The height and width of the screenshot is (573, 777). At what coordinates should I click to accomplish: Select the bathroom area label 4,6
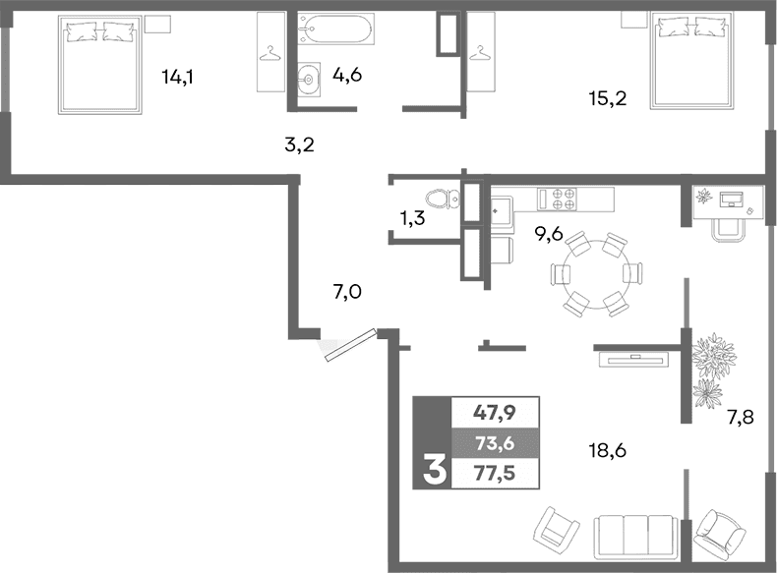[347, 75]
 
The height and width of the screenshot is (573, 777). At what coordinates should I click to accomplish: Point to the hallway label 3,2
[299, 145]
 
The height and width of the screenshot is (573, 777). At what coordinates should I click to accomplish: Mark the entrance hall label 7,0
[347, 291]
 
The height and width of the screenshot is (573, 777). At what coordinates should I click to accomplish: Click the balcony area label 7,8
[742, 419]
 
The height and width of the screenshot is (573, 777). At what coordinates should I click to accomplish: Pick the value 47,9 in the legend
[495, 413]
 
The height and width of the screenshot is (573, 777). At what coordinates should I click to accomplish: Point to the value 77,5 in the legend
[495, 473]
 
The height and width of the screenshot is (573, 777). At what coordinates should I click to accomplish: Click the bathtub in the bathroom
[335, 30]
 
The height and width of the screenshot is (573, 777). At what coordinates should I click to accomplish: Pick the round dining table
[586, 275]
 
